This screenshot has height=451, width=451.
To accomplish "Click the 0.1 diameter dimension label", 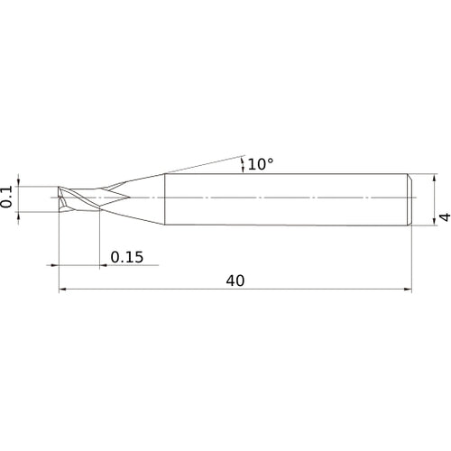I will pyautogui.click(x=8, y=198).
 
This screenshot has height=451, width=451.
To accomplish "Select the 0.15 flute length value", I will pyautogui.click(x=126, y=257).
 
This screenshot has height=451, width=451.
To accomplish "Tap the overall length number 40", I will pyautogui.click(x=235, y=281).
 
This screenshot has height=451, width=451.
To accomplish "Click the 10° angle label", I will pyautogui.click(x=261, y=164).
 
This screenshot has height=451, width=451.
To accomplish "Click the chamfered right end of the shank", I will pyautogui.click(x=410, y=198).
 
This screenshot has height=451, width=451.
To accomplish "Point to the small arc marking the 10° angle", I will pyautogui.click(x=243, y=163).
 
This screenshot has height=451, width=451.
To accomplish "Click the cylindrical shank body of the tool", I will pyautogui.click(x=289, y=198).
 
